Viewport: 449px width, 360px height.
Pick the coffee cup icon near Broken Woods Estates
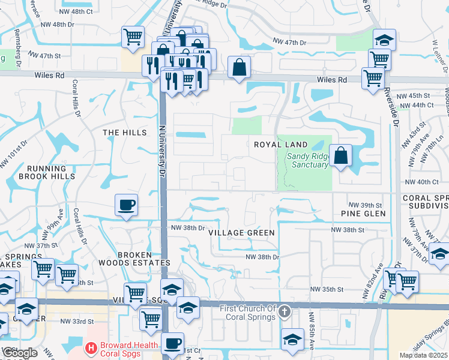click(126, 205)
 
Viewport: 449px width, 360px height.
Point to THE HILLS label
click(124, 133)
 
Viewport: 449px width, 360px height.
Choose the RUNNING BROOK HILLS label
click(46, 172)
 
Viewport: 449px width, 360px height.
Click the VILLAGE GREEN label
click(241, 233)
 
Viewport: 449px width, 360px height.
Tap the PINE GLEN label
click(362, 214)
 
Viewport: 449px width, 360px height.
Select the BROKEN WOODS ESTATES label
click(143, 259)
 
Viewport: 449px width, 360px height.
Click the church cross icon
click(285, 312)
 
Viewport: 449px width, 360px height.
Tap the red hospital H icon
click(91, 347)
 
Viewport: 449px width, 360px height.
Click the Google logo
click(20, 353)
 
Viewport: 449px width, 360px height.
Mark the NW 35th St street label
click(327, 289)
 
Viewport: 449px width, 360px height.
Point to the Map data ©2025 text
click(423, 355)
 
